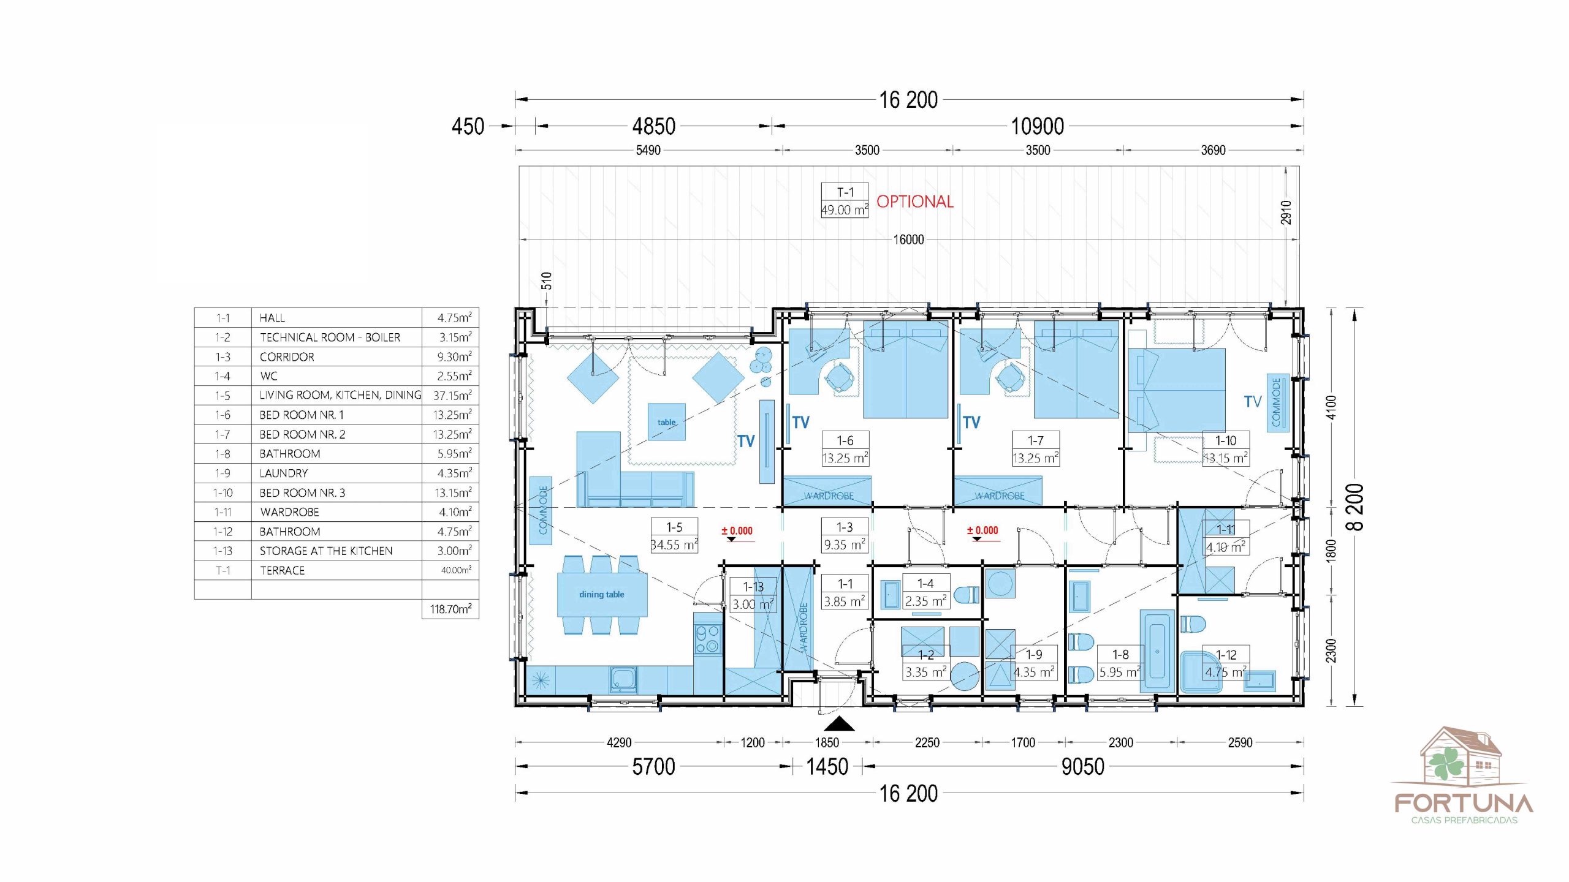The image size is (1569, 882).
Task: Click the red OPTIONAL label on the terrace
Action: [x=914, y=202]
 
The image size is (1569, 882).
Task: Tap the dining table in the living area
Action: [x=602, y=595]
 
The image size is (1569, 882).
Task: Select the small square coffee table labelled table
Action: [x=667, y=422]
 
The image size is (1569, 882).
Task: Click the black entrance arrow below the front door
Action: [x=839, y=725]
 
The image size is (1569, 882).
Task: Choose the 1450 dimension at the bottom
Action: [x=827, y=766]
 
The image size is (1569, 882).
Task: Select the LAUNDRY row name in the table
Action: [x=284, y=473]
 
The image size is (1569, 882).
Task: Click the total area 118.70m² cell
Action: [x=450, y=609]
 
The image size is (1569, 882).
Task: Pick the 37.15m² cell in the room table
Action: [x=452, y=396]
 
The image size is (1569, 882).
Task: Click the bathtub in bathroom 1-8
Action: [x=1157, y=651]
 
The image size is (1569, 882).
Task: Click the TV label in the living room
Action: [x=746, y=442]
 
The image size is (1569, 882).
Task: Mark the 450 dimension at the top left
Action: [x=468, y=127]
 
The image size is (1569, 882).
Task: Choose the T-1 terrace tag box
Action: [x=845, y=201]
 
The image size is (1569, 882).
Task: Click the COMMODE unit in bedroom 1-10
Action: [x=1277, y=402]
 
